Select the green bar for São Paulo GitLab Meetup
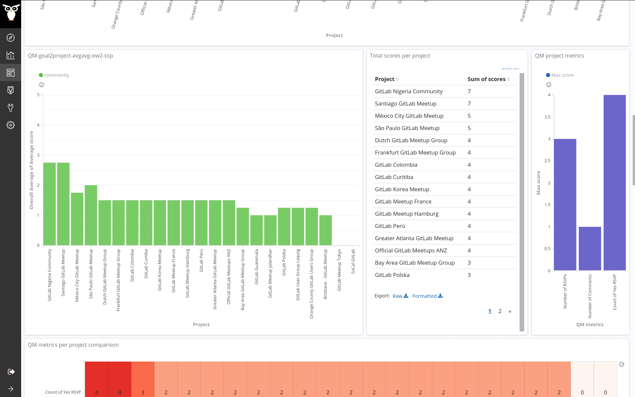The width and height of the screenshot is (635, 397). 91,215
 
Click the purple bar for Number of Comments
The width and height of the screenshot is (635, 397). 590,248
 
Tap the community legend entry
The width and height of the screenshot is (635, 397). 56,75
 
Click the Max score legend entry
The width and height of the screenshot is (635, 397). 562,75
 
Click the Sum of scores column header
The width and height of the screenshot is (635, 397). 487,79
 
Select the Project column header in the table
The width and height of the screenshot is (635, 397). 385,79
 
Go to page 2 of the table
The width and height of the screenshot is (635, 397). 500,311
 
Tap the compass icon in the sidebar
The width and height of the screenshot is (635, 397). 11,38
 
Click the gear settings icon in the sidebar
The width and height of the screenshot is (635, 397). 11,125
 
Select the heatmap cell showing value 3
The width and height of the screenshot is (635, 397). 143,380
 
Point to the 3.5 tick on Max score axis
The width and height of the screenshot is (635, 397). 547,117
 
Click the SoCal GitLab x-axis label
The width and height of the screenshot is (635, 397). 353,261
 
